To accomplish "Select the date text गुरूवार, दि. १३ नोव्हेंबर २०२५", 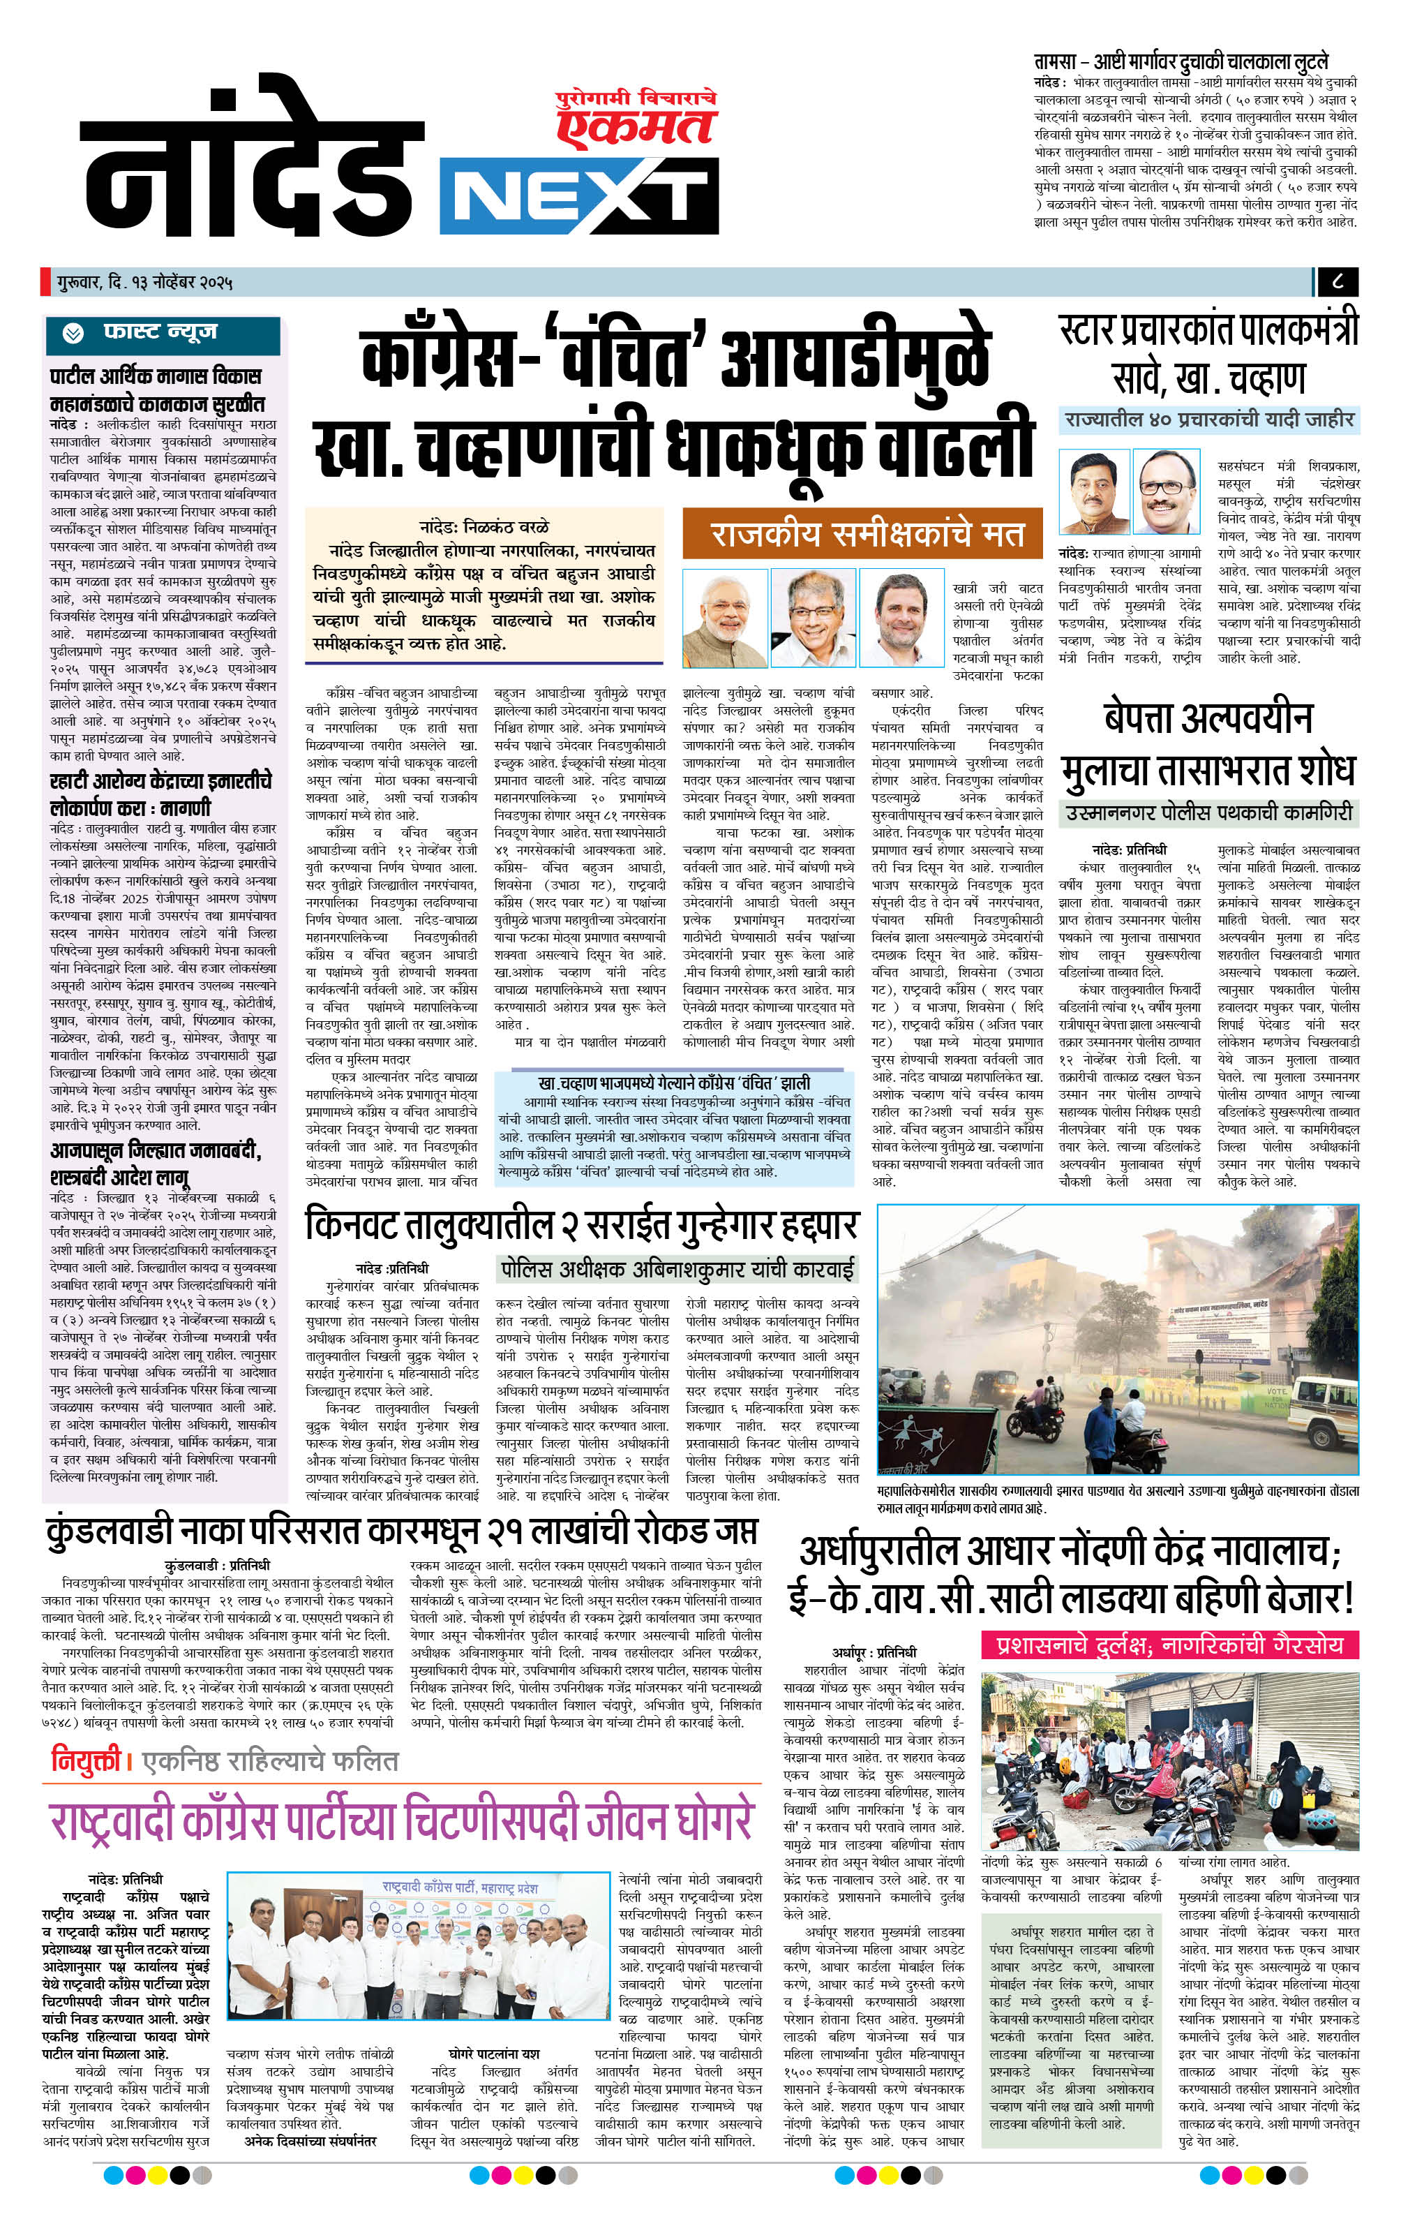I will click(142, 279).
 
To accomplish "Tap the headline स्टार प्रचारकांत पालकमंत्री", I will click(1208, 331).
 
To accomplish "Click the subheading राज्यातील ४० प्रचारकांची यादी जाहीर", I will click(1208, 419).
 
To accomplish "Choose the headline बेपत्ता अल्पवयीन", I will click(1208, 719).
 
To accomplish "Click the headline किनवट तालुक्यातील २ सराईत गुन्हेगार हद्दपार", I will click(581, 1226).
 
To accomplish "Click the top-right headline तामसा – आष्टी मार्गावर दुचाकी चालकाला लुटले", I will click(1180, 62).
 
